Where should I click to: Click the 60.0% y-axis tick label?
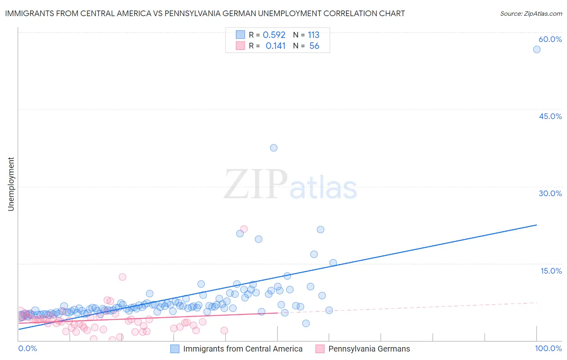550,39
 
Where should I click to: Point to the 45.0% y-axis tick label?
550,116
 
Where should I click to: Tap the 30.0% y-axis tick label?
550,193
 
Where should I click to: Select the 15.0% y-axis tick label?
551,271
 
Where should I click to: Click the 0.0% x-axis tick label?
27,349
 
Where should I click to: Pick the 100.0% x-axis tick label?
548,349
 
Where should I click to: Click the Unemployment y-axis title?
11,184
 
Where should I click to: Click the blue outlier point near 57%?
536,49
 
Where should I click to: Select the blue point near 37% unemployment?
273,148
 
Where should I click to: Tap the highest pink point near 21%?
244,229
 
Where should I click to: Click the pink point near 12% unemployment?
122,277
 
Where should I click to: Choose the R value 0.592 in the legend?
274,35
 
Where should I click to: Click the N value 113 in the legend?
313,35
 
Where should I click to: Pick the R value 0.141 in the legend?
275,46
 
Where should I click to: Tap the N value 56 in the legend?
314,46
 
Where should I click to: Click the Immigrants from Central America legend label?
242,349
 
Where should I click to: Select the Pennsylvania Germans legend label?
369,349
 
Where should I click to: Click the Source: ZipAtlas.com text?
531,14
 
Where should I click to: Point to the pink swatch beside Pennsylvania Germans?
320,349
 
